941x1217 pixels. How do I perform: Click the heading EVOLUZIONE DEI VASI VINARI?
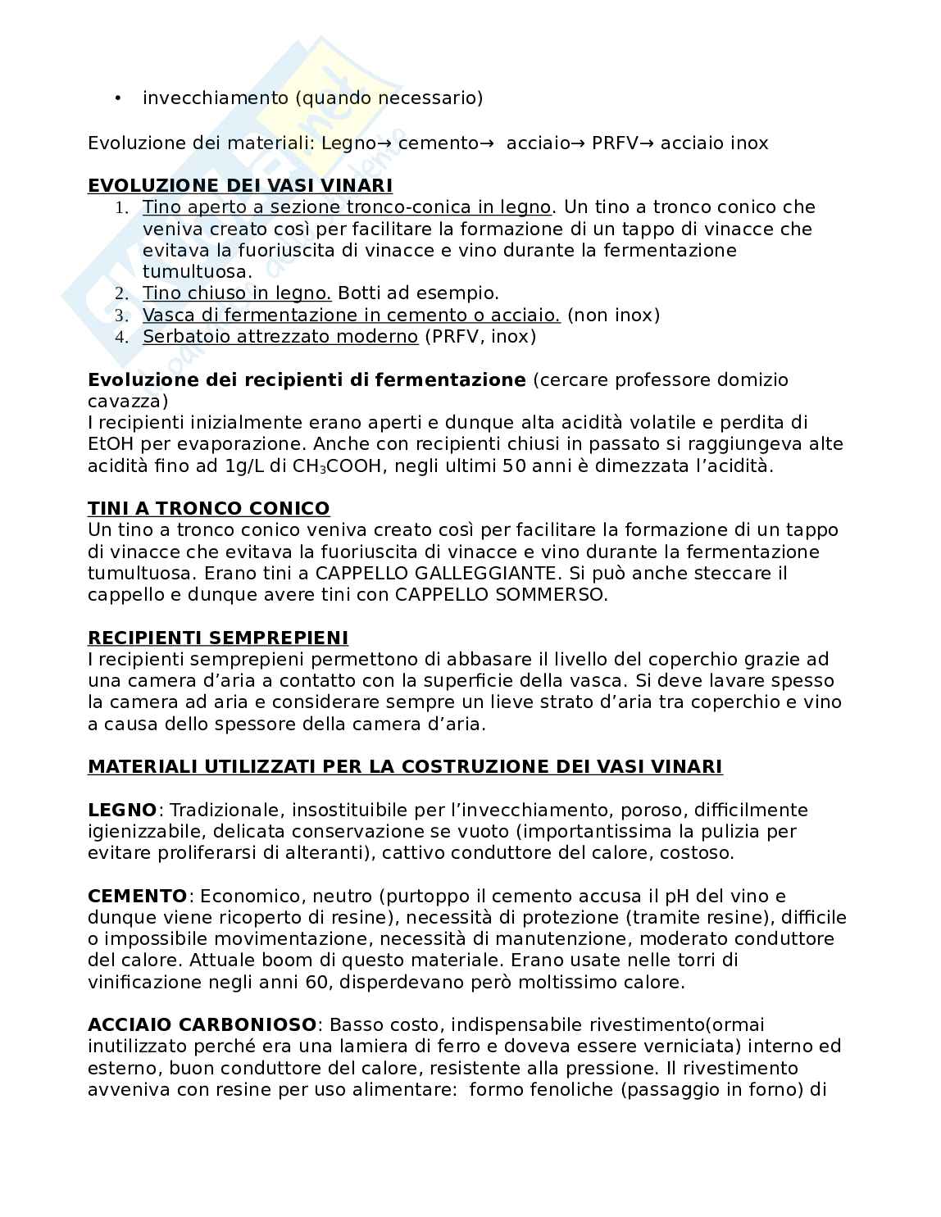(x=239, y=186)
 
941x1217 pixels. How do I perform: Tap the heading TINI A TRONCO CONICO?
(x=208, y=508)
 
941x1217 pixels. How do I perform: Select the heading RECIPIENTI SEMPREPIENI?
(x=217, y=638)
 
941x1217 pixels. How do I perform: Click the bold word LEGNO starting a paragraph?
(x=122, y=810)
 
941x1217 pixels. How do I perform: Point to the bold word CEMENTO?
(x=138, y=896)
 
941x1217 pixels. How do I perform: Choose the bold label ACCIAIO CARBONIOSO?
(x=202, y=1024)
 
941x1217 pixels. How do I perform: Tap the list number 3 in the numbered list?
(x=122, y=316)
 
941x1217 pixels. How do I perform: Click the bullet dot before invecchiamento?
(x=118, y=98)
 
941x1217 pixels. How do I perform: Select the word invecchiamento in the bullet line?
(x=216, y=98)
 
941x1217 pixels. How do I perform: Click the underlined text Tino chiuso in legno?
(x=237, y=293)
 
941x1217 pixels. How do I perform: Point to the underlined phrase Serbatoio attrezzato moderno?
(x=280, y=337)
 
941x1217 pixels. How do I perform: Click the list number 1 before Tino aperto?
(x=122, y=208)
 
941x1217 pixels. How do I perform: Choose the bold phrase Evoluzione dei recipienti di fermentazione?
(x=307, y=379)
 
